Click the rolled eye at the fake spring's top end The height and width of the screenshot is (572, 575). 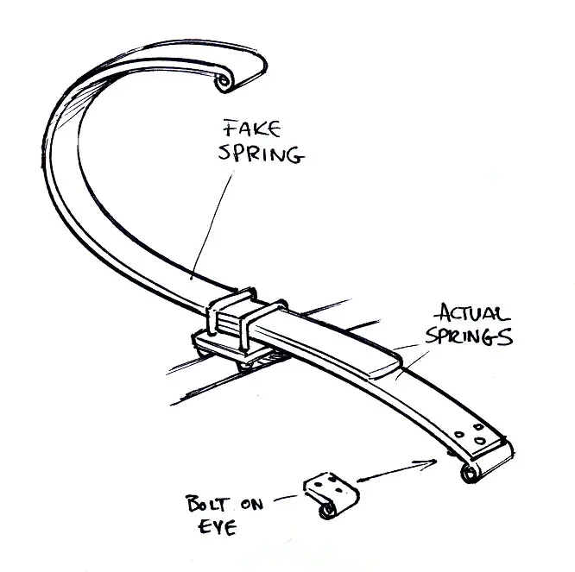point(226,82)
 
